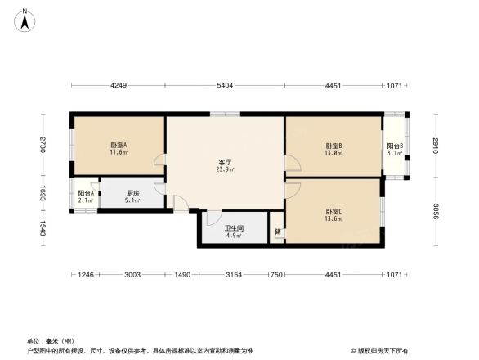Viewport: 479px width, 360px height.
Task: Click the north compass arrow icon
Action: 25,18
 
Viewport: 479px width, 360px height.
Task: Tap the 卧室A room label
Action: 119,146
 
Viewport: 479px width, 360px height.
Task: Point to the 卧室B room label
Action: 333,146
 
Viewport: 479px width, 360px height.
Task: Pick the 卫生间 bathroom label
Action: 232,228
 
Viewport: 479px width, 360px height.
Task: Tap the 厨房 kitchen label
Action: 132,192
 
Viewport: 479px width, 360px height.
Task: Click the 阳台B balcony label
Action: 396,146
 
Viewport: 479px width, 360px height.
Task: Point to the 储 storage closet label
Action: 278,232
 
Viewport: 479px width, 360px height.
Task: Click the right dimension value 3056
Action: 436,210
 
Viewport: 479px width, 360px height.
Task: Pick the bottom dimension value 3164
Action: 234,275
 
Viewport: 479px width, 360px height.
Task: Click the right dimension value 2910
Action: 436,144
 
